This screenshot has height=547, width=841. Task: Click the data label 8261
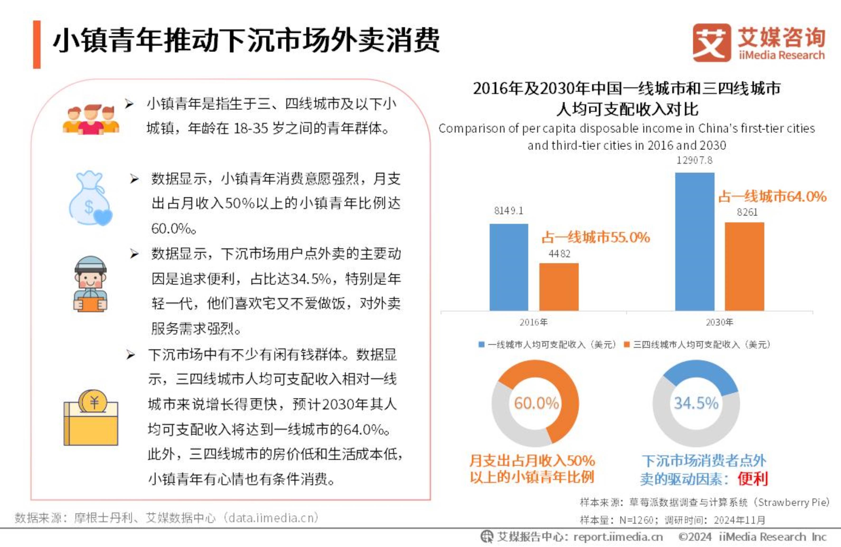click(x=747, y=212)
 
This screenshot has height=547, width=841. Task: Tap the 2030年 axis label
click(x=719, y=322)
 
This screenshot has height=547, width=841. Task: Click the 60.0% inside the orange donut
click(x=536, y=403)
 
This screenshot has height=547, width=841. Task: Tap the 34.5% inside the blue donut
click(x=696, y=403)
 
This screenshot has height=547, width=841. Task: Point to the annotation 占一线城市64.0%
click(x=772, y=196)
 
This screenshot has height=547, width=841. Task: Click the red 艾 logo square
click(x=711, y=43)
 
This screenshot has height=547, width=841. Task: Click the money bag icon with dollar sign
click(x=90, y=199)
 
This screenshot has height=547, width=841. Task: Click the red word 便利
click(x=753, y=479)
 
